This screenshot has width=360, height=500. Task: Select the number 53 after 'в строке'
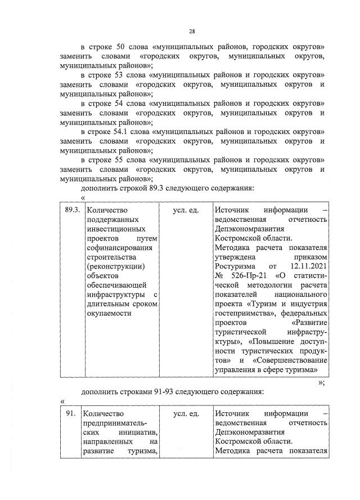pos(126,74)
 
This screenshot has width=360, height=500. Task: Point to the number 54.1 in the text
pos(129,132)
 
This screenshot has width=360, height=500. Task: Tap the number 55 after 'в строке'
pos(126,160)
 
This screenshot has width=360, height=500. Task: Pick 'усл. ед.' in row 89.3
pos(186,211)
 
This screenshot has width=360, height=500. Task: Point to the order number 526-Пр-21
pos(247,275)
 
